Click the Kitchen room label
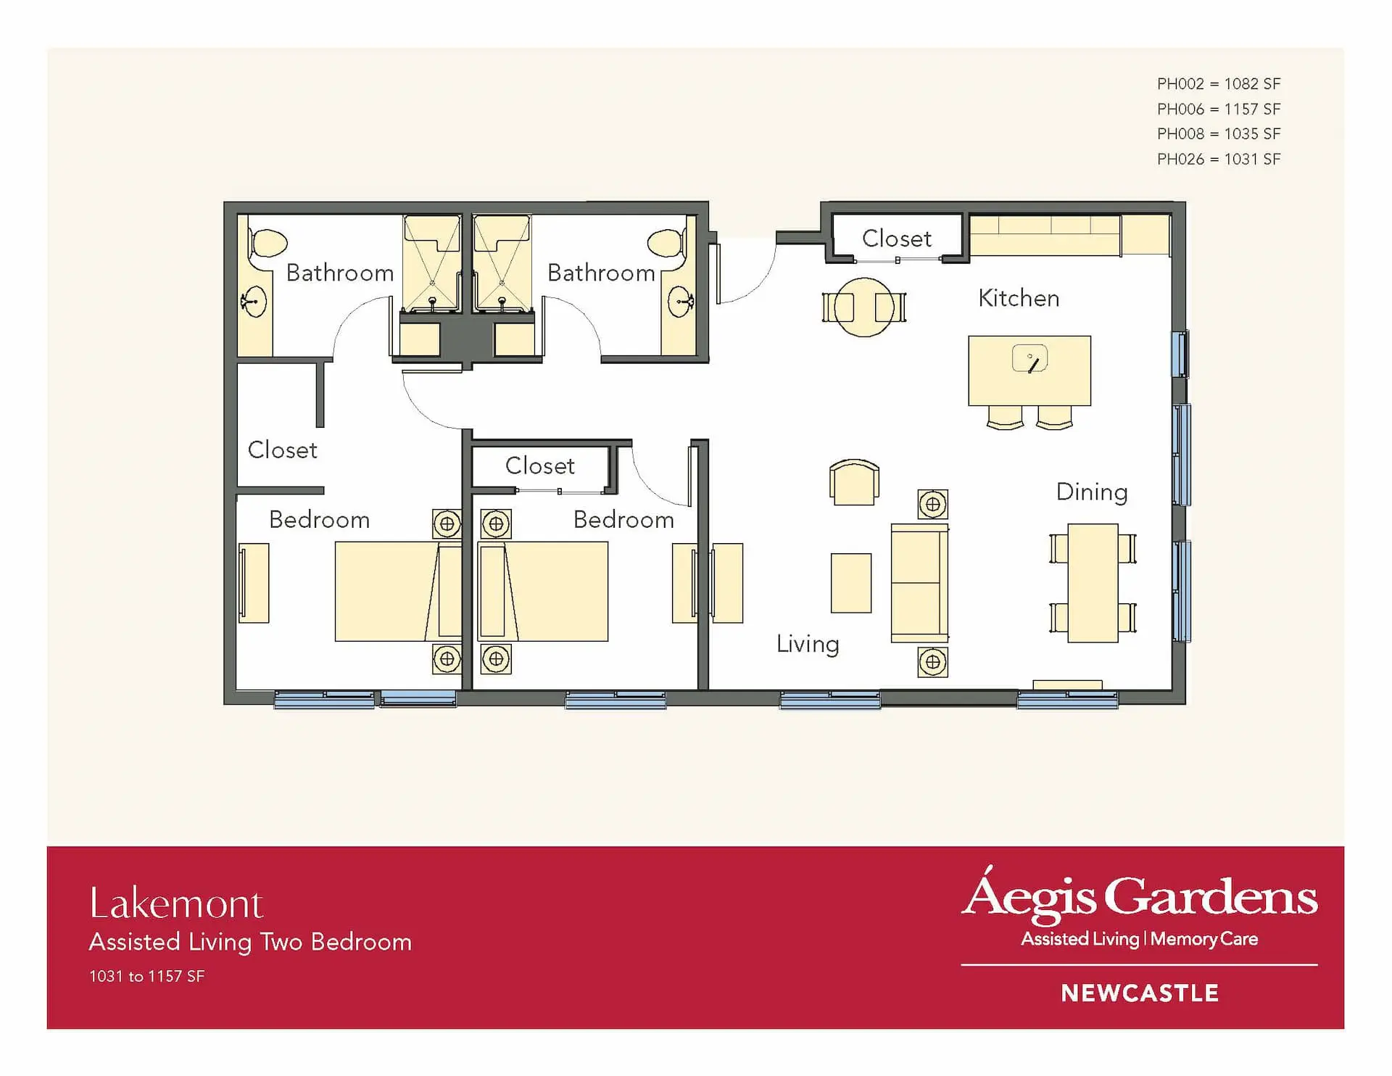[x=1019, y=298]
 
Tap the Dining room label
[x=1092, y=492]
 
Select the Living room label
[x=808, y=644]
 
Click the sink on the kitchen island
[x=1029, y=358]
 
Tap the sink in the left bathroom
[x=254, y=302]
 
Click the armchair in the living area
[x=854, y=482]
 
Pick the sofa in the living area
[x=919, y=583]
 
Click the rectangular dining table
[x=1093, y=583]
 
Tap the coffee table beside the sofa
[x=851, y=583]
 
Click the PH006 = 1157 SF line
[x=1219, y=109]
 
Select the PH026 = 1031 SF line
[x=1219, y=159]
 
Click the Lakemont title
[x=176, y=903]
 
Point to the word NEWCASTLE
[x=1140, y=993]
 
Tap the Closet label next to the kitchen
[x=897, y=239]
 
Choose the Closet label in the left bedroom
[x=283, y=450]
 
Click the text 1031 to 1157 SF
[x=147, y=976]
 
